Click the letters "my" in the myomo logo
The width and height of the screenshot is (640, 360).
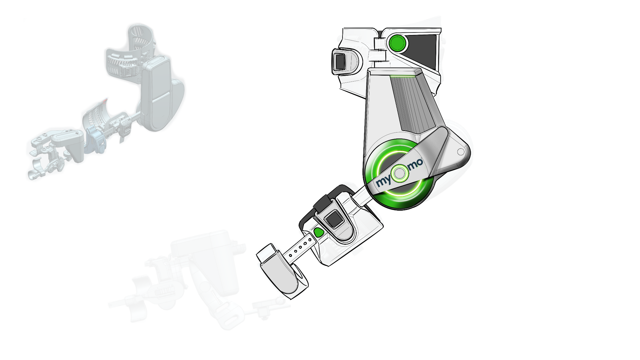[383, 182]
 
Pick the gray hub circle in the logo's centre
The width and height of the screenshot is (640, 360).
[400, 173]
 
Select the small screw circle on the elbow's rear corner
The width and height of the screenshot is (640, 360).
[461, 152]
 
